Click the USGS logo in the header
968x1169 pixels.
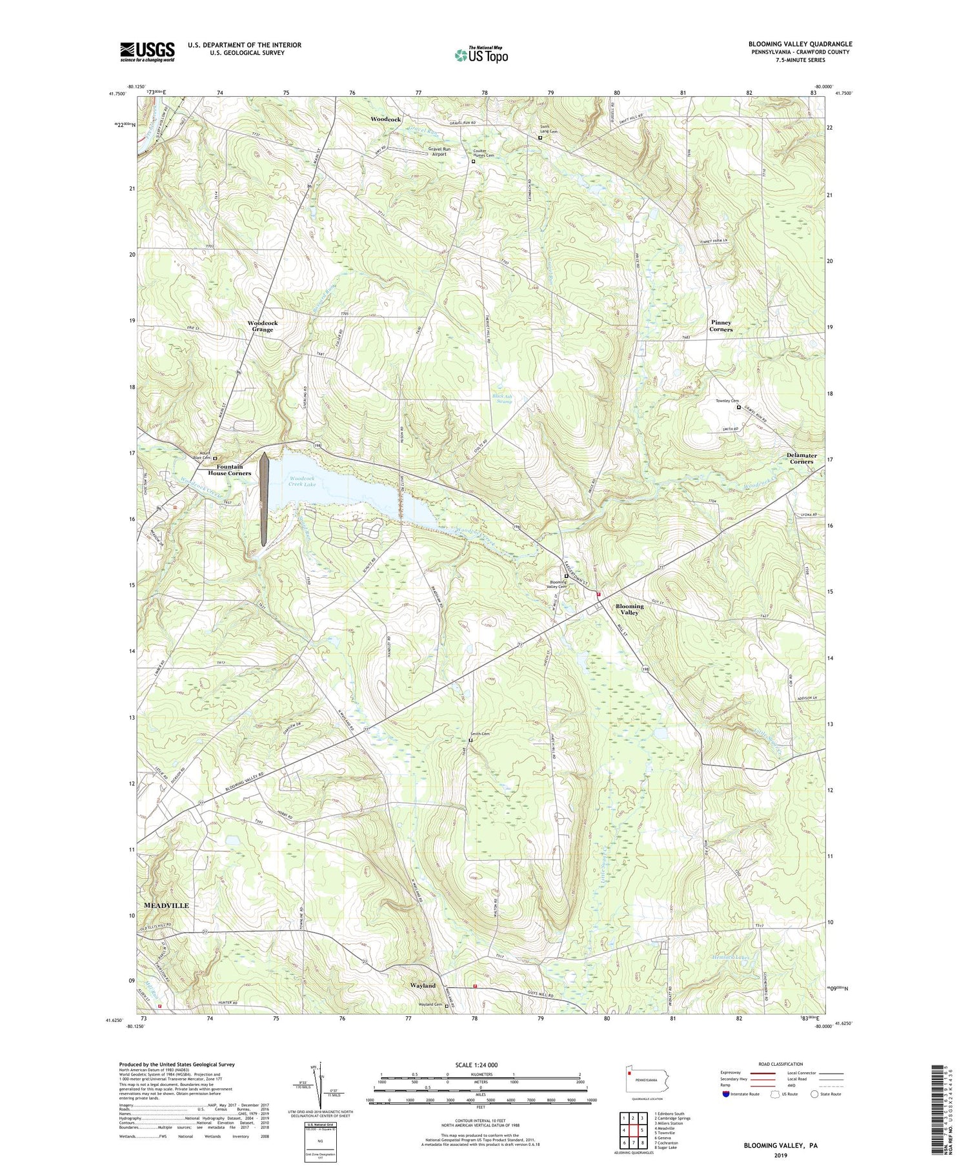[147, 52]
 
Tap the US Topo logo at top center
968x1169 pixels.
[481, 55]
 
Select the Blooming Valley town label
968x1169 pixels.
[629, 609]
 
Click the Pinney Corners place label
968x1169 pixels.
[721, 326]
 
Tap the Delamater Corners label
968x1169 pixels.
[802, 458]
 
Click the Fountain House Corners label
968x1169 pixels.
[225, 470]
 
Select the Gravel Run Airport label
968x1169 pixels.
[439, 152]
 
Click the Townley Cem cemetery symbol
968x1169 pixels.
[739, 407]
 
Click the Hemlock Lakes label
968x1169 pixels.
[731, 958]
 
